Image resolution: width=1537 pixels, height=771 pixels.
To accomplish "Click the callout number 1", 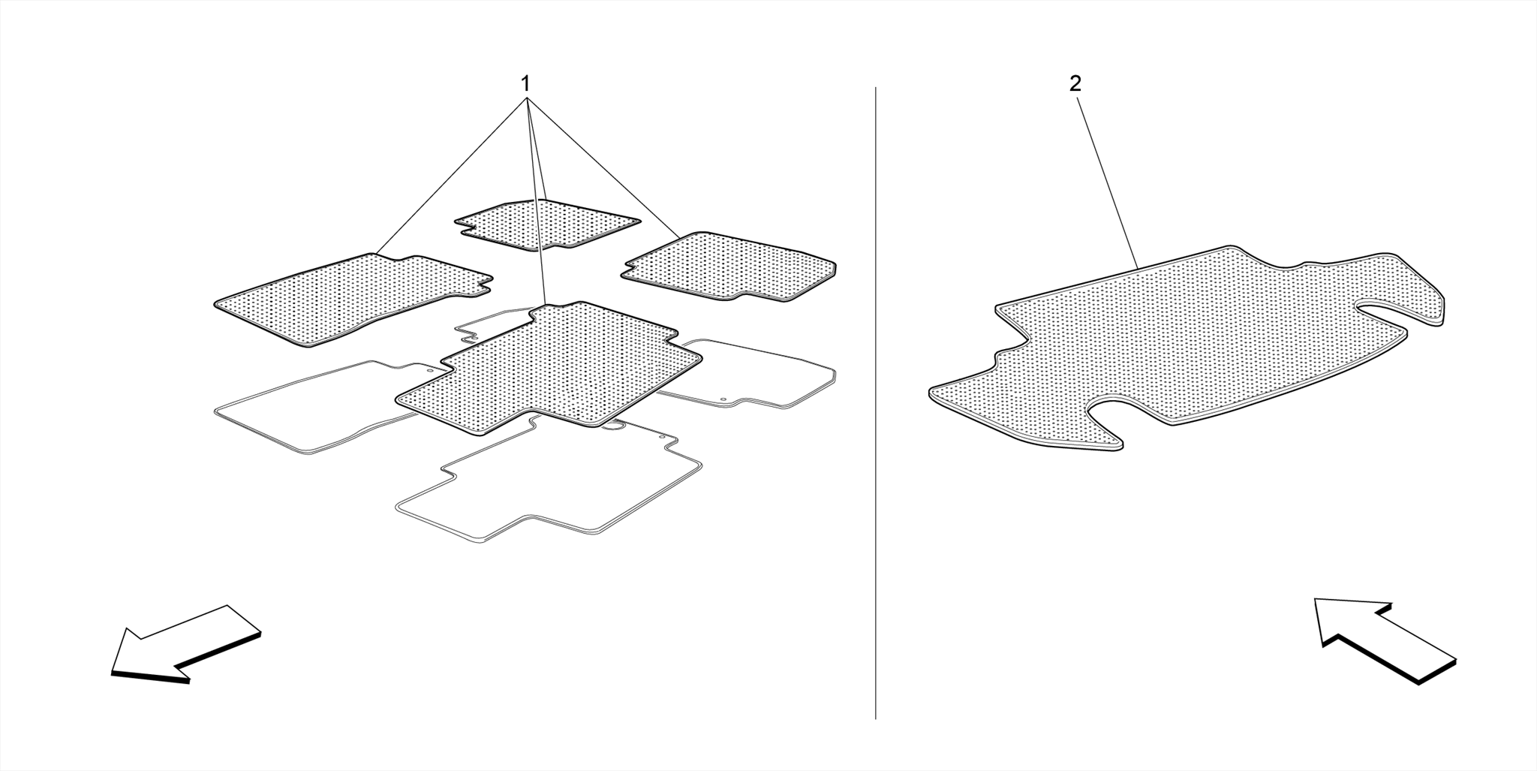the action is pos(526,83).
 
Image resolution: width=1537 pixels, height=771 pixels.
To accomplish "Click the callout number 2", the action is pos(1075,84).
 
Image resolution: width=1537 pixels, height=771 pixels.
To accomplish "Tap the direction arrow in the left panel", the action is pos(185,644).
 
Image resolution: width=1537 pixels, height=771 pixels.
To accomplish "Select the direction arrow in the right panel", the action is pos(1385,639).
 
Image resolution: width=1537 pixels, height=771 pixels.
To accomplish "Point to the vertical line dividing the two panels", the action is pos(876,403).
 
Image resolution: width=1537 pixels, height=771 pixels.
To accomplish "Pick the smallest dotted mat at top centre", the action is pos(547,224).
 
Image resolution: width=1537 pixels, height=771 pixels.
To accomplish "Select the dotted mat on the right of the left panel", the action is pos(729,267).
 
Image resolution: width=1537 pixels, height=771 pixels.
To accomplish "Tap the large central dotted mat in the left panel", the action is pos(549,369).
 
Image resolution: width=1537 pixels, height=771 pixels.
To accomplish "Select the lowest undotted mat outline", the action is pos(549,480).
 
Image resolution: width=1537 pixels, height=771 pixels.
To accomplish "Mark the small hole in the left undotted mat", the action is pos(430,370).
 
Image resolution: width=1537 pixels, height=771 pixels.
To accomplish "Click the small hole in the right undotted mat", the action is pos(723,400).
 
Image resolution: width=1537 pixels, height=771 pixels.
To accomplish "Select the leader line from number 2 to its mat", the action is pos(1108,182).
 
